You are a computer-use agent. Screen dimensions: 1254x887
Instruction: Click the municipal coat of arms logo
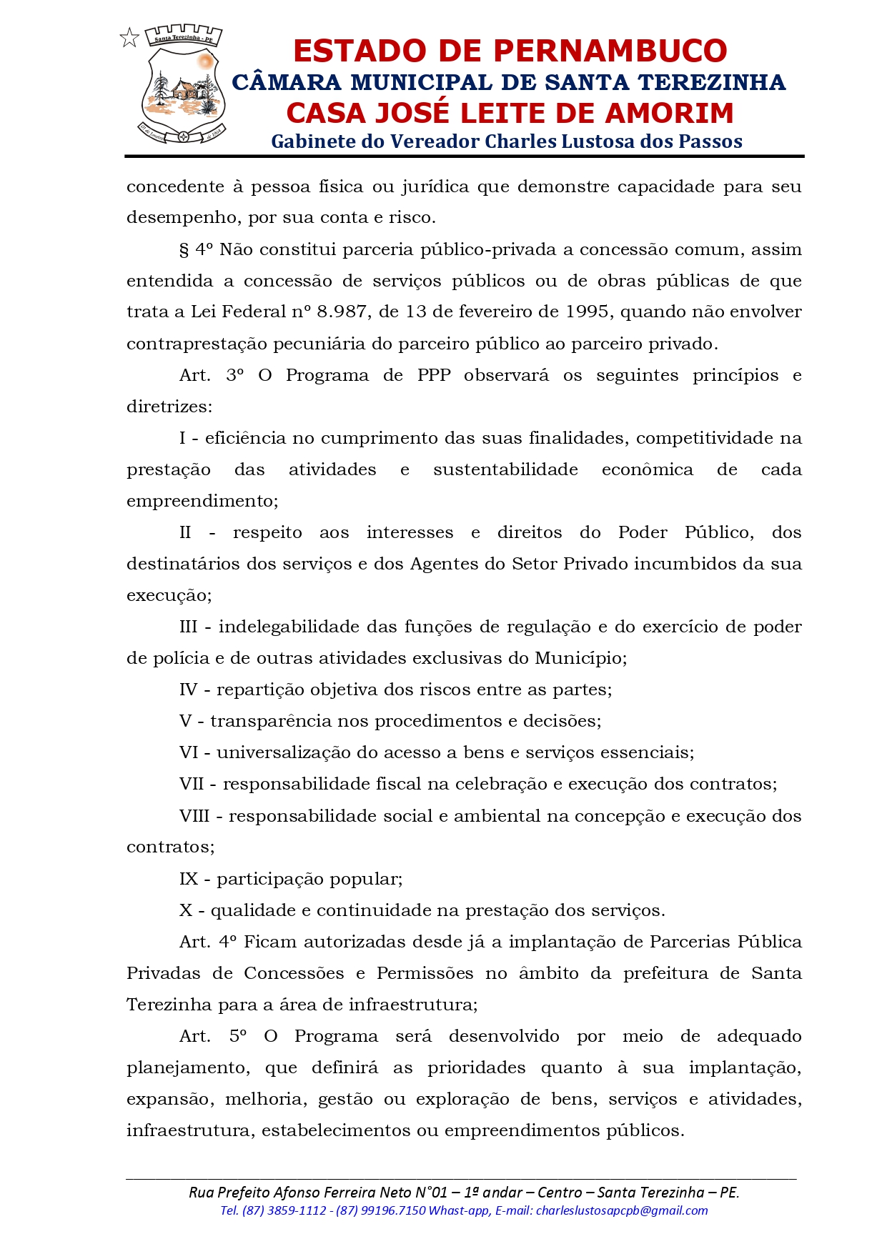[x=183, y=84]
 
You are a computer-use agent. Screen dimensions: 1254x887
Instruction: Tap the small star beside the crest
[x=129, y=38]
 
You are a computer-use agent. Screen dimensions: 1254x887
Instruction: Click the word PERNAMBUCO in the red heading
[x=610, y=51]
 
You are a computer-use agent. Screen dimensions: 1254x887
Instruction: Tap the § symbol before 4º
[x=184, y=250]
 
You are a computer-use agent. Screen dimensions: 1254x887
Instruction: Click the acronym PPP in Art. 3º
[x=434, y=376]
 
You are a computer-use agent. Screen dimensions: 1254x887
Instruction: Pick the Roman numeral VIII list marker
[x=195, y=816]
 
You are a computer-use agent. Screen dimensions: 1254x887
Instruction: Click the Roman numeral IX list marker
[x=189, y=879]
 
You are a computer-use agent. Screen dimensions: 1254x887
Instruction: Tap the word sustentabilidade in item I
[x=505, y=470]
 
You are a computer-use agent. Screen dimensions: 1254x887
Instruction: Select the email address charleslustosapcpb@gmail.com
[x=622, y=1210]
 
